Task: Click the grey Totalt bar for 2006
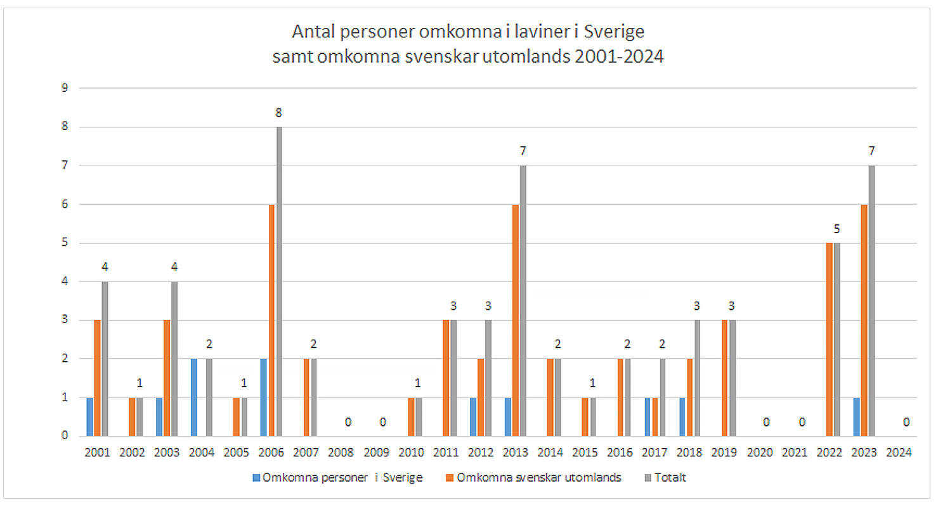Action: pyautogui.click(x=278, y=282)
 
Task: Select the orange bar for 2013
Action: pyautogui.click(x=515, y=320)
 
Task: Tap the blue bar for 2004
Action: pyautogui.click(x=194, y=397)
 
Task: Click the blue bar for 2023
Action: pyautogui.click(x=856, y=417)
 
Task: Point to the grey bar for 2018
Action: pyautogui.click(x=697, y=378)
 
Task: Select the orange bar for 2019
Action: pyautogui.click(x=724, y=378)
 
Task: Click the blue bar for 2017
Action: pyautogui.click(x=648, y=417)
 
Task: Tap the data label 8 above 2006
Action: pyautogui.click(x=278, y=113)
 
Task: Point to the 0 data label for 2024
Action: pyautogui.click(x=906, y=422)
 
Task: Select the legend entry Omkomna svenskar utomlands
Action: pyautogui.click(x=538, y=478)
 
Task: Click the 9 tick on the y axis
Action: pyautogui.click(x=64, y=88)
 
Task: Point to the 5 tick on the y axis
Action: pyautogui.click(x=64, y=243)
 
